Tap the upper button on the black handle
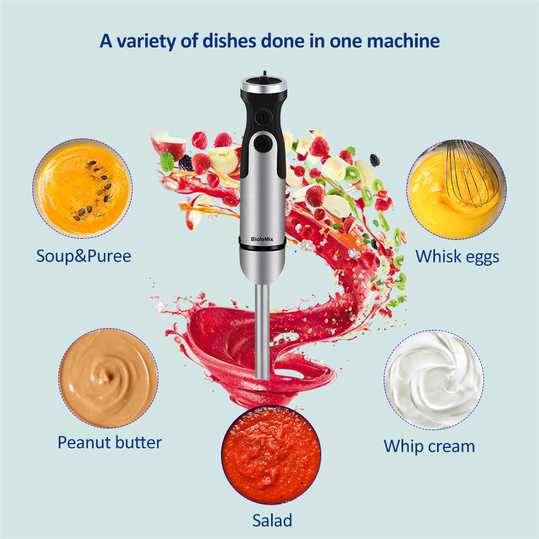point(262,115)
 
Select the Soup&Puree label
point(84,256)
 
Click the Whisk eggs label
point(457,257)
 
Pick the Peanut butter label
point(109,443)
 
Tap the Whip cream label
point(429,446)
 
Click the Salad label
point(272,520)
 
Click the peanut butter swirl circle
point(108,378)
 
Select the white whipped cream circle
point(433,379)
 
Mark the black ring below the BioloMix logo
point(262,246)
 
